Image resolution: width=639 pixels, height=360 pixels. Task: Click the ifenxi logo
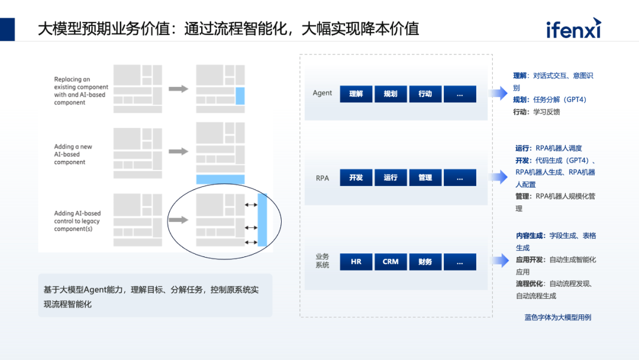click(x=573, y=28)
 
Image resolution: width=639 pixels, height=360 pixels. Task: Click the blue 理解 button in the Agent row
click(x=356, y=94)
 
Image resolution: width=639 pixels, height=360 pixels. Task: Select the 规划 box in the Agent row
click(x=390, y=94)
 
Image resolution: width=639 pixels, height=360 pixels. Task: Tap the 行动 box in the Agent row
click(x=425, y=94)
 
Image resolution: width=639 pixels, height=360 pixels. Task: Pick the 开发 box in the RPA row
click(x=356, y=178)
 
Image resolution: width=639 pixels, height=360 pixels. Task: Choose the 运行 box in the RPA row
click(x=390, y=178)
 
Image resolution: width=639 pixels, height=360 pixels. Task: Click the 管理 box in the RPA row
click(x=425, y=178)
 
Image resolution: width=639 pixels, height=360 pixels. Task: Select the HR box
click(x=356, y=262)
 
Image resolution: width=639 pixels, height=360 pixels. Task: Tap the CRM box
click(x=390, y=262)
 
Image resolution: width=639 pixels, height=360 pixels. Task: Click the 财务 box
click(x=425, y=262)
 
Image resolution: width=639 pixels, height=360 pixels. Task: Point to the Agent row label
click(x=322, y=93)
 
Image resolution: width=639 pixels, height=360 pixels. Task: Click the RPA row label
click(x=322, y=178)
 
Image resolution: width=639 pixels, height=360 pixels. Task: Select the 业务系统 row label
click(x=322, y=261)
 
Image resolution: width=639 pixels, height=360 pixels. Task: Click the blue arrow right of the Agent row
click(x=498, y=92)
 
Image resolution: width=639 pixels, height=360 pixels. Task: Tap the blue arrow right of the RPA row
click(x=498, y=176)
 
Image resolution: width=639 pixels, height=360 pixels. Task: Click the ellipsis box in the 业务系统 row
click(x=460, y=262)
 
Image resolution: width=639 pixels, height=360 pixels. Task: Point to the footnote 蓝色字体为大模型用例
click(x=557, y=317)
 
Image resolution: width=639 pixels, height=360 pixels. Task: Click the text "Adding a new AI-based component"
click(x=73, y=155)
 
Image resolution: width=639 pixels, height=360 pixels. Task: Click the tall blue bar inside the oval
click(x=263, y=220)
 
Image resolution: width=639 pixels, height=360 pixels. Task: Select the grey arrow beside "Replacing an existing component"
click(x=178, y=89)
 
